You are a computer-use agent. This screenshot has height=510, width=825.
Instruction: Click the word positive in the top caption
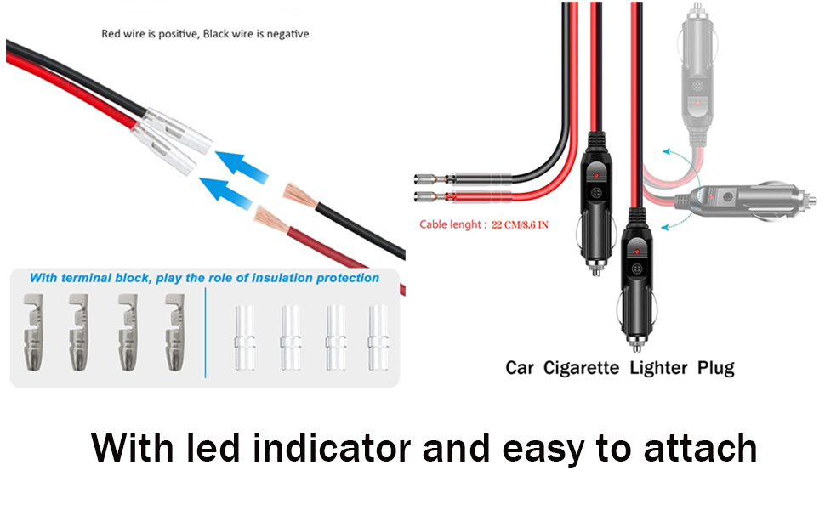coord(176,34)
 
